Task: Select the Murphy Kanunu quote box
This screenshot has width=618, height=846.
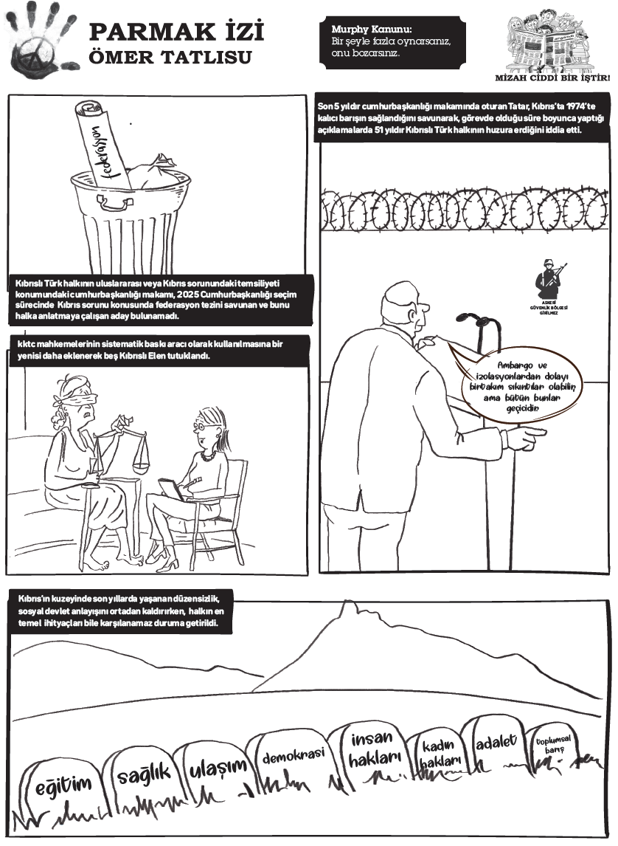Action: point(392,41)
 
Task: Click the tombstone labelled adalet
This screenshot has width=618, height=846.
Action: point(495,741)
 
